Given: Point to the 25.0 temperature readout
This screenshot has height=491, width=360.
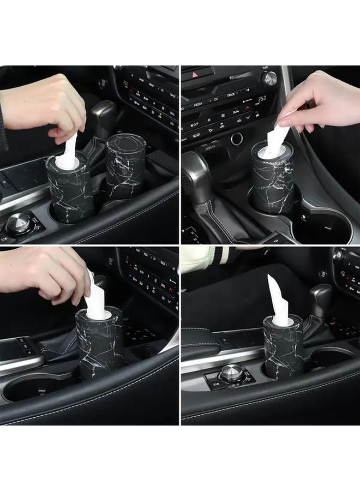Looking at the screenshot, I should tap(261, 99).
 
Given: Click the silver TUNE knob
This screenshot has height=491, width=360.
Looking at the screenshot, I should tap(269, 78).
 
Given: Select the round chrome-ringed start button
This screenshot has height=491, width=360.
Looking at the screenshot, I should tap(236, 139).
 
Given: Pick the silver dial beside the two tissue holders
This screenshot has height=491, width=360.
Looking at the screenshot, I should tap(19, 222).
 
